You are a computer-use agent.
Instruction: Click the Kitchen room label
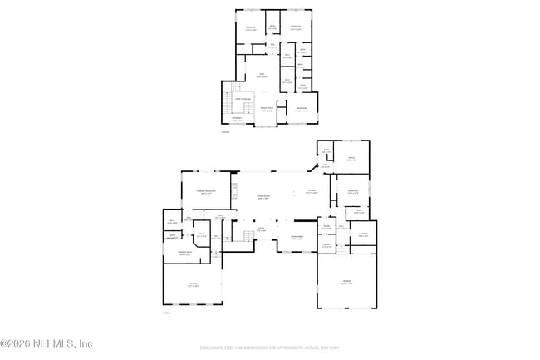(x=312, y=192)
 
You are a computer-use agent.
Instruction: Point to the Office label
(x=351, y=158)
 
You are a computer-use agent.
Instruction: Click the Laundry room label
(x=363, y=235)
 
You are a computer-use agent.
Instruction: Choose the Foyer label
(x=261, y=229)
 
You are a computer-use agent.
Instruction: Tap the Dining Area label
(x=297, y=237)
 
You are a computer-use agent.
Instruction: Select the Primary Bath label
(x=185, y=254)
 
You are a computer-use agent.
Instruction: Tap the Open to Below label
(x=244, y=99)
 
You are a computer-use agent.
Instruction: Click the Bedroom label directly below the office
(x=353, y=192)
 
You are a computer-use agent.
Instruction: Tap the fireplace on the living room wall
(x=234, y=194)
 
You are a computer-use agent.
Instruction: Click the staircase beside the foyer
(x=246, y=239)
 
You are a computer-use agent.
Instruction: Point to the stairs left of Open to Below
(x=228, y=105)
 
